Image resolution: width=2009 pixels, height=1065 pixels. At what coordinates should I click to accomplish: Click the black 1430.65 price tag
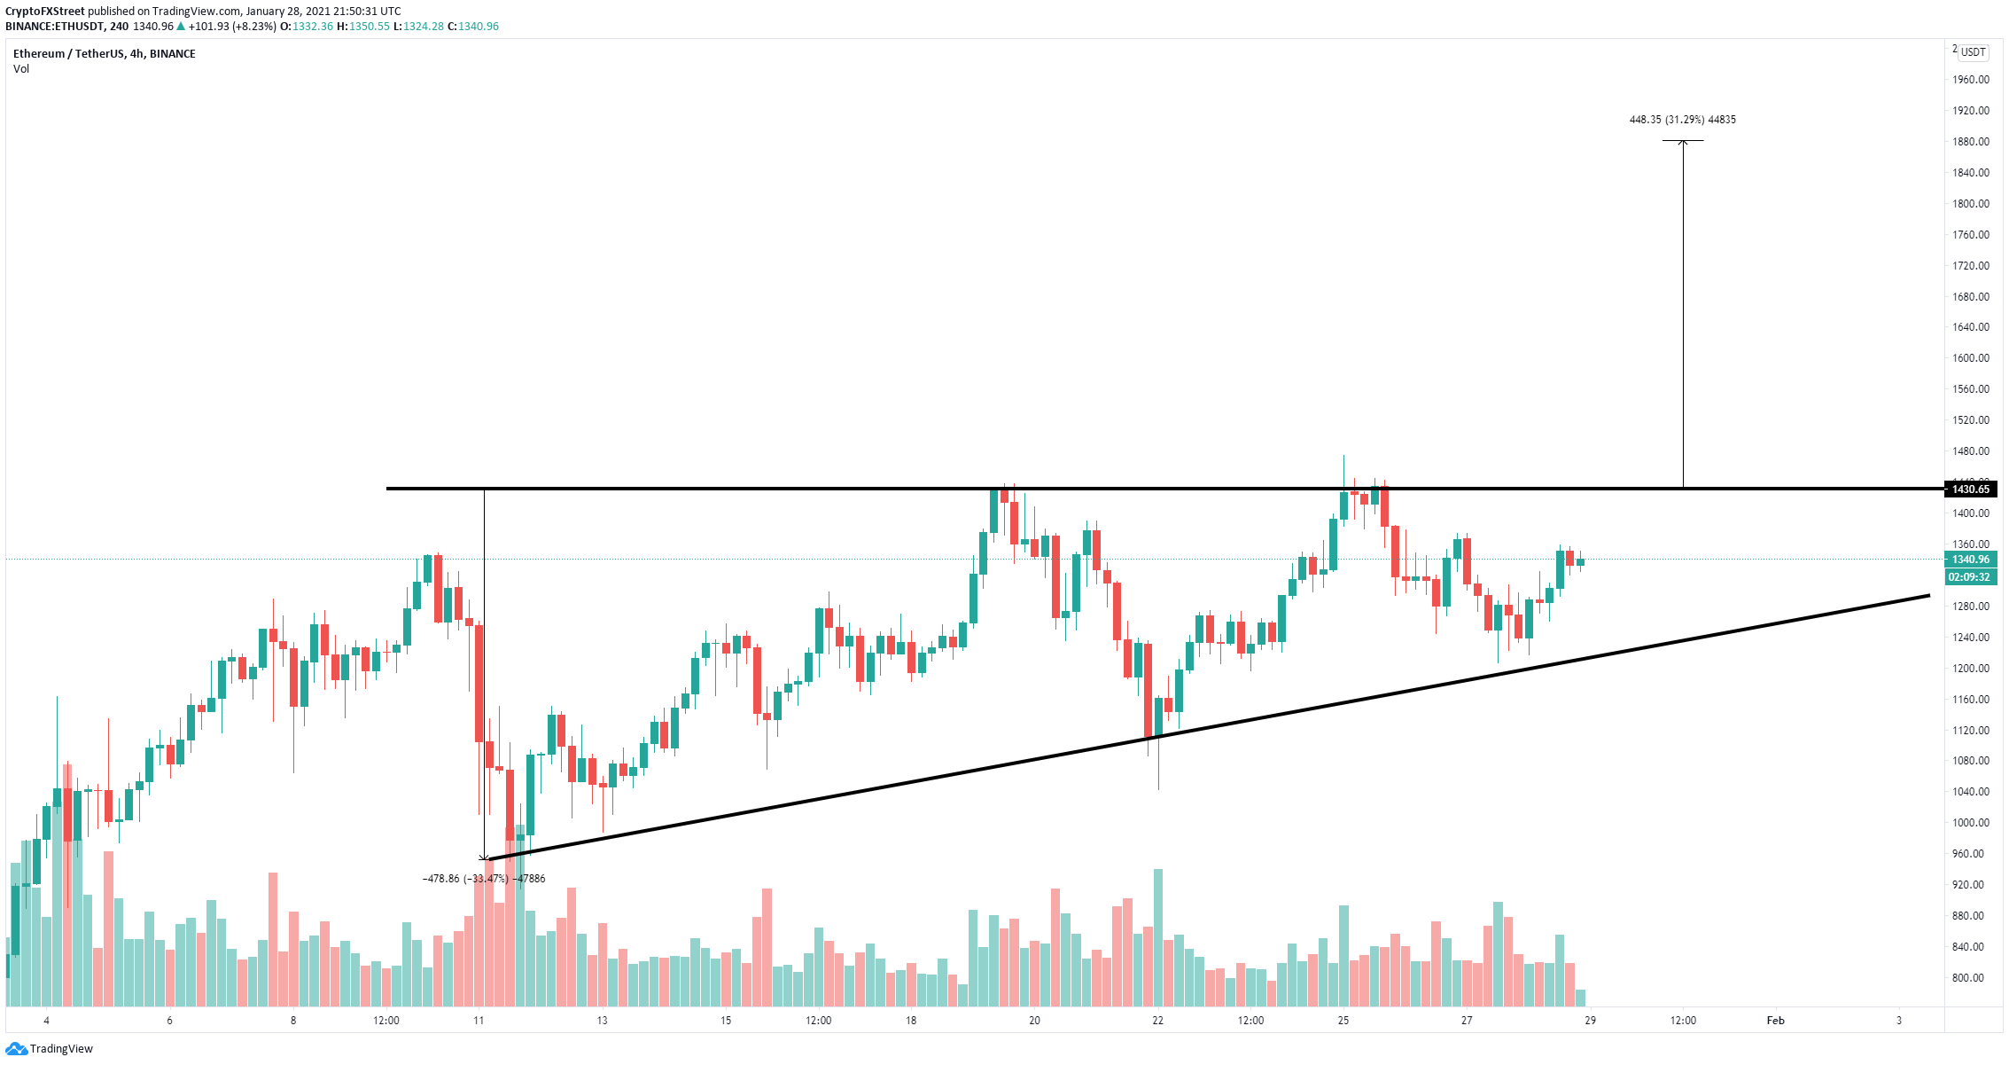pos(1970,489)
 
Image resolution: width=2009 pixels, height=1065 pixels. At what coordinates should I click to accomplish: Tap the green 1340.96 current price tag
pos(1970,560)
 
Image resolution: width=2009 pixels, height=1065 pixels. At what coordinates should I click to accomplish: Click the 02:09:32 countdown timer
pos(1970,577)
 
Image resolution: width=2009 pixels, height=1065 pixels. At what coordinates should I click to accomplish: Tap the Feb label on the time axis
pos(1775,1021)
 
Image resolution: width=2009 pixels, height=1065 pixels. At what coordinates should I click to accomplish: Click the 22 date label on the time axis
pos(1157,1021)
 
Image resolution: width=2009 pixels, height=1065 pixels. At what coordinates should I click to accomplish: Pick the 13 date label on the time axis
pos(602,1021)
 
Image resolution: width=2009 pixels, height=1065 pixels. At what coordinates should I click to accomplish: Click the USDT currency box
pos(1973,52)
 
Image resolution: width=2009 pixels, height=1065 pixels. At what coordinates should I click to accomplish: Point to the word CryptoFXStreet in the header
pos(45,12)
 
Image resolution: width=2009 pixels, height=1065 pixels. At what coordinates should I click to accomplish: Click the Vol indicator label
pos(21,69)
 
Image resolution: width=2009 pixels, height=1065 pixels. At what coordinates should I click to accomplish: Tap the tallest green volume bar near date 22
pos(1158,937)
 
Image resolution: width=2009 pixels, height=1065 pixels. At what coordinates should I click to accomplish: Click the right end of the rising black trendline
pos(1927,596)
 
